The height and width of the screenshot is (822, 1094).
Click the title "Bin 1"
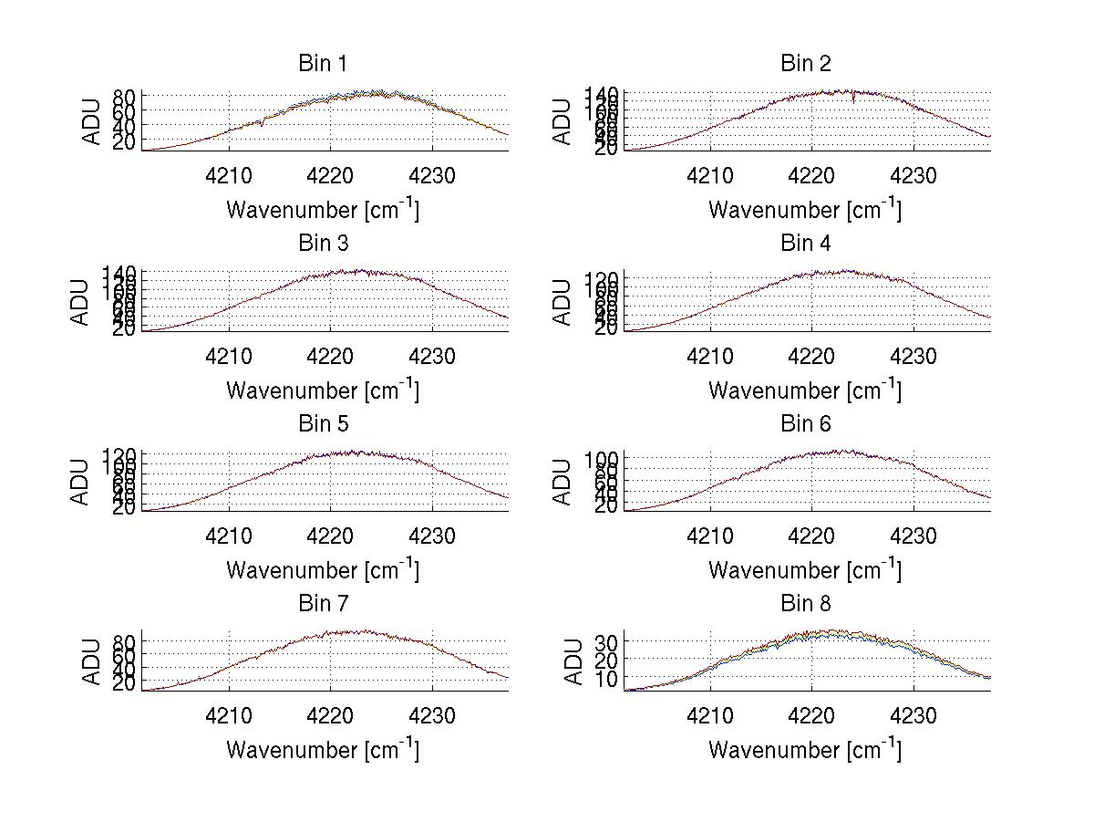(x=322, y=64)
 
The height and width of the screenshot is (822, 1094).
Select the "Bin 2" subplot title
(x=805, y=64)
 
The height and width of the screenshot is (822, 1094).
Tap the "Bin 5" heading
(x=322, y=424)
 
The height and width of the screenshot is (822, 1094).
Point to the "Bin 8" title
(x=805, y=604)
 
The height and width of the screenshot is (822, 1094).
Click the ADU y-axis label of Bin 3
(x=81, y=302)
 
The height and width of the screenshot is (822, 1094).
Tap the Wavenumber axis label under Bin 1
(x=323, y=210)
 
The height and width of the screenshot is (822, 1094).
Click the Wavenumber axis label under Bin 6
(x=805, y=570)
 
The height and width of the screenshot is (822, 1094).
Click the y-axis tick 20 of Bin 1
(x=126, y=141)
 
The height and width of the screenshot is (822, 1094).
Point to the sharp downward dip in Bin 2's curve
(x=853, y=101)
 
